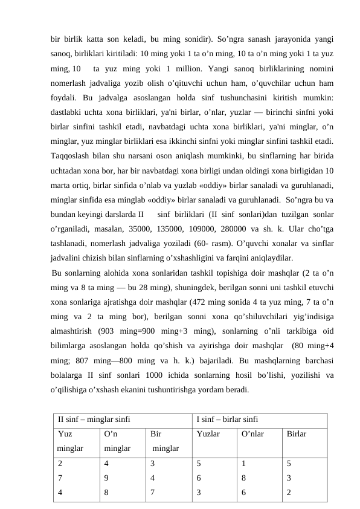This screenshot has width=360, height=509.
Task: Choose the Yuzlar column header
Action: [x=208, y=434]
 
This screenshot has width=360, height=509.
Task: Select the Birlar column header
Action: [x=297, y=434]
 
